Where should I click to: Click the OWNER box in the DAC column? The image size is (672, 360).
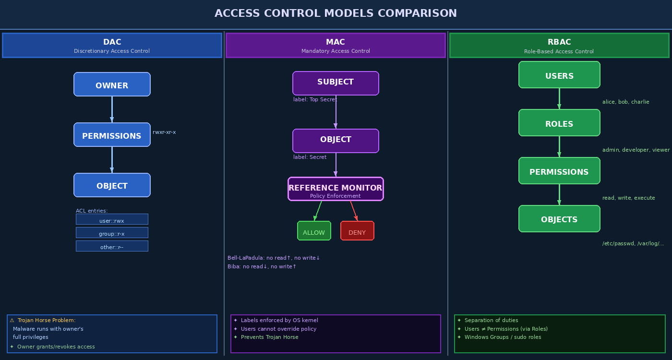click(112, 84)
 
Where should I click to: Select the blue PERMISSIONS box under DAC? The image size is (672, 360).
click(112, 135)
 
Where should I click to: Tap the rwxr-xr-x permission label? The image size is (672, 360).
click(164, 132)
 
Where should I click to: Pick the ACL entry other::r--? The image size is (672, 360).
click(112, 246)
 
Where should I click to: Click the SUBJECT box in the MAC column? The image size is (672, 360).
click(336, 83)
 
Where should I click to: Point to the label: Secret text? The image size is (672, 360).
click(310, 157)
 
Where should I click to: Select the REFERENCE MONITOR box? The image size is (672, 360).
click(336, 189)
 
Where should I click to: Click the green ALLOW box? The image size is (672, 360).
click(314, 231)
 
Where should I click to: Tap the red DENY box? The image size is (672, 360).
click(357, 231)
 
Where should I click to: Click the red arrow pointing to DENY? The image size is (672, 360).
click(354, 211)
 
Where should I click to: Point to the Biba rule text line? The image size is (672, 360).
click(262, 266)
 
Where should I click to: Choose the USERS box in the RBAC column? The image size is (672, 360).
click(559, 75)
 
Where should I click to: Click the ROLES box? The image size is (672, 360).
click(559, 123)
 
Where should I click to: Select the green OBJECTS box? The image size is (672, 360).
click(559, 219)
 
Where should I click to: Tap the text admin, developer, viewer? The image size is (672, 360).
click(636, 150)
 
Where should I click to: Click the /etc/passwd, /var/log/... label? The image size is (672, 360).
click(633, 243)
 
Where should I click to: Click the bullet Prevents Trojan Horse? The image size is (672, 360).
click(269, 337)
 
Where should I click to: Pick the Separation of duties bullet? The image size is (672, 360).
click(491, 320)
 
